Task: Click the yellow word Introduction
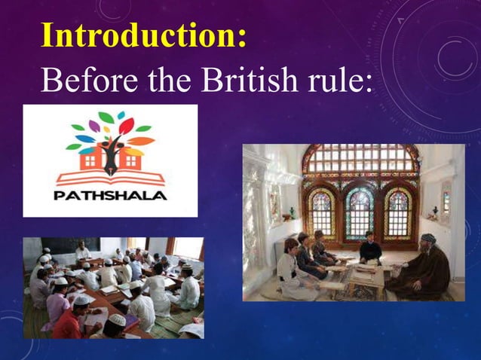tap(143, 36)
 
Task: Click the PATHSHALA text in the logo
tap(110, 195)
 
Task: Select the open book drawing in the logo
tap(111, 178)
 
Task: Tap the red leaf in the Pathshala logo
tap(126, 125)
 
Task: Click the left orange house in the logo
tap(88, 159)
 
